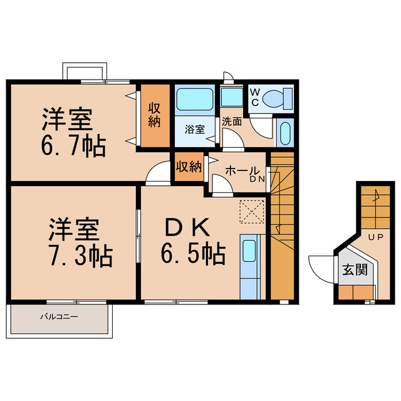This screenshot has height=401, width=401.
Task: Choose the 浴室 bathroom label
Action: (x=194, y=130)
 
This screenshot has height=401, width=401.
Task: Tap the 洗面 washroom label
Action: (x=232, y=122)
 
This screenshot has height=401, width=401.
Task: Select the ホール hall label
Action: (x=239, y=170)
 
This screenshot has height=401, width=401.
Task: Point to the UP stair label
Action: (x=375, y=237)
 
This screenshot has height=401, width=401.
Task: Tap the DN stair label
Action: (x=257, y=180)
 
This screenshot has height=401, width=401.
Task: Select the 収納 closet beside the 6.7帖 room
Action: (x=155, y=116)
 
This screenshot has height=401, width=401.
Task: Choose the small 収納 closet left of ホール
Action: (x=189, y=167)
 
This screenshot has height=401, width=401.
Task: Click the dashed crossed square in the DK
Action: (x=253, y=211)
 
